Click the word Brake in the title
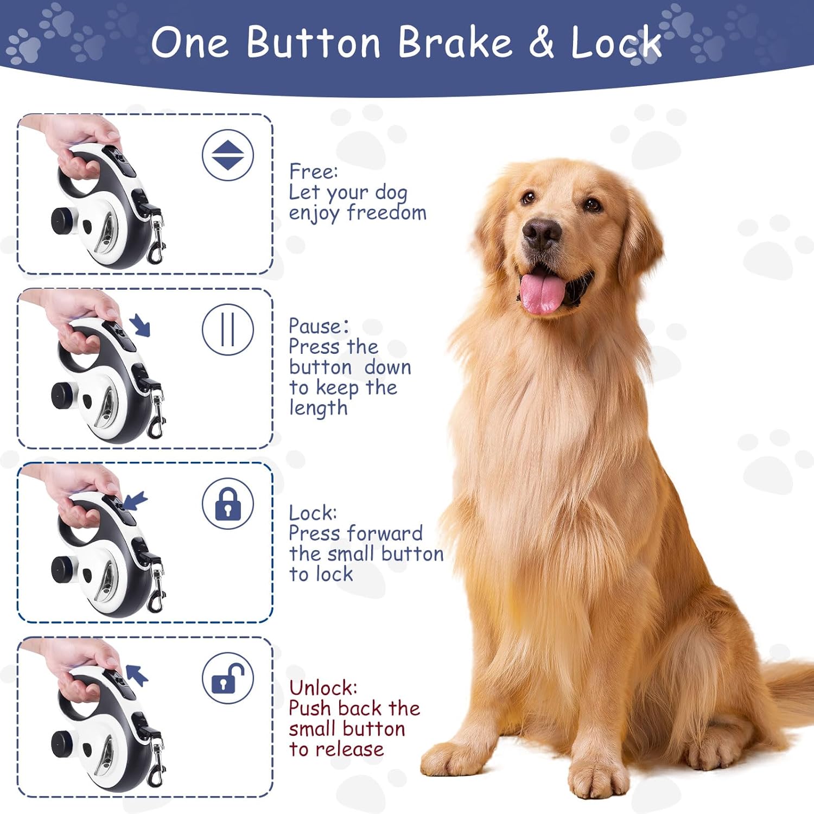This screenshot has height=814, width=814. (x=455, y=42)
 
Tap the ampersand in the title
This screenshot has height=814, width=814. (x=541, y=42)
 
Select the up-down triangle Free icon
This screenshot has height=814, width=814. (x=228, y=155)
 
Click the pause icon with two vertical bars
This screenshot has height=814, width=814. (x=228, y=329)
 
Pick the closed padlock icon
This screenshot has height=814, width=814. (x=228, y=504)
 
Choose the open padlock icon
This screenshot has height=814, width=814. (x=228, y=678)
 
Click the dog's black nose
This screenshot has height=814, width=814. (x=541, y=234)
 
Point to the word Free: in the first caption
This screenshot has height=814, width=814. (x=313, y=171)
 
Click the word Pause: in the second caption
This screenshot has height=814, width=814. (x=319, y=326)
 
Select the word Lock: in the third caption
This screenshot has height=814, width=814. (x=313, y=513)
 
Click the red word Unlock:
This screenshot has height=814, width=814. (x=323, y=688)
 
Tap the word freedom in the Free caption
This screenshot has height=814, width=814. (x=387, y=212)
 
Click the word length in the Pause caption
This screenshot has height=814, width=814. (x=318, y=408)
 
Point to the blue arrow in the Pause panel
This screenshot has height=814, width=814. (x=140, y=325)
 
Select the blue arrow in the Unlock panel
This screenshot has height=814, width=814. (x=137, y=676)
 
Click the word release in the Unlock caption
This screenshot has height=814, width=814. (x=350, y=749)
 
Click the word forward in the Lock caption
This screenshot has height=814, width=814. (x=385, y=533)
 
